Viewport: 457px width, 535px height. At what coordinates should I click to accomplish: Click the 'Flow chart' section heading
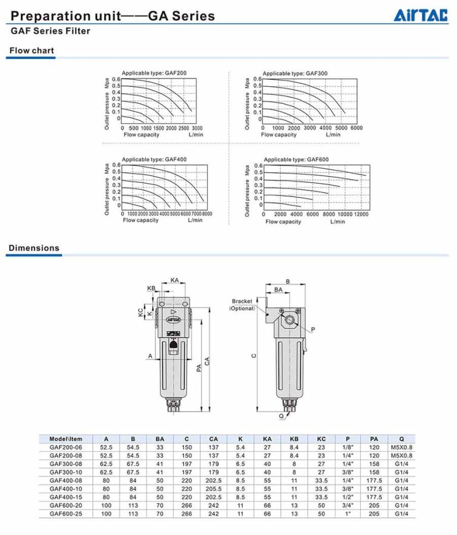pyautogui.click(x=31, y=51)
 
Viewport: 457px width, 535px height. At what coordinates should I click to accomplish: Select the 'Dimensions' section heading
pyautogui.click(x=34, y=248)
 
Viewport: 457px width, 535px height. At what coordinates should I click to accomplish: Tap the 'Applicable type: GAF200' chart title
pyautogui.click(x=154, y=73)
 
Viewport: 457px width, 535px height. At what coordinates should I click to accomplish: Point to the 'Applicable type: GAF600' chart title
pyautogui.click(x=296, y=159)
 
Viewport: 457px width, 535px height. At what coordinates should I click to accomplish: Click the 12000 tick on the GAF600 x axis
pyautogui.click(x=361, y=214)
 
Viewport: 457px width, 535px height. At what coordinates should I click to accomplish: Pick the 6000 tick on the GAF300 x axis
pyautogui.click(x=356, y=128)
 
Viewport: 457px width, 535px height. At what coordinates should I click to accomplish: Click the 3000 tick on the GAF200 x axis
pyautogui.click(x=197, y=128)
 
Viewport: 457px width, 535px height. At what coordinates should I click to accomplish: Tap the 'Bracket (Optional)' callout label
pyautogui.click(x=242, y=305)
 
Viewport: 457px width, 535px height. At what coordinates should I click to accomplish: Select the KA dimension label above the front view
pyautogui.click(x=174, y=280)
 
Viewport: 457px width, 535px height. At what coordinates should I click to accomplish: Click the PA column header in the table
pyautogui.click(x=374, y=439)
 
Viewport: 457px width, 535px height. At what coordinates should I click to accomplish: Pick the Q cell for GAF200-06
pyautogui.click(x=402, y=447)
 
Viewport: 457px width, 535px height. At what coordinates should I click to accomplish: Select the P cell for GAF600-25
pyautogui.click(x=347, y=513)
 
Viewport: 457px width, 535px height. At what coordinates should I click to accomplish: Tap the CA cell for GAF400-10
pyautogui.click(x=214, y=488)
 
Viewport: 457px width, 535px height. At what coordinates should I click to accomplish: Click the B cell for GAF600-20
pyautogui.click(x=133, y=505)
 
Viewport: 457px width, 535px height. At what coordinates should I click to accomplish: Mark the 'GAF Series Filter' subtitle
pyautogui.click(x=51, y=30)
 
